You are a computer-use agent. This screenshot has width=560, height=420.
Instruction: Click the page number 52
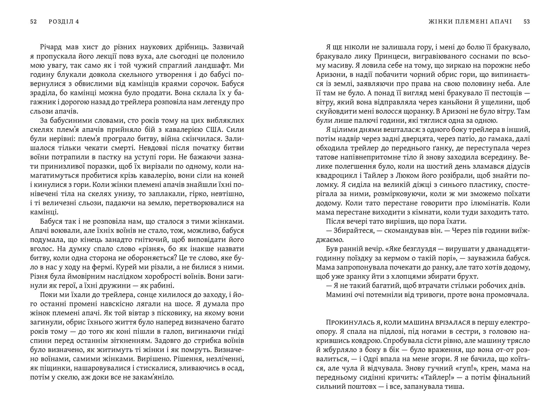coord(33,22)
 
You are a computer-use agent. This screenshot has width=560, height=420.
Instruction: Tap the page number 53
coord(527,22)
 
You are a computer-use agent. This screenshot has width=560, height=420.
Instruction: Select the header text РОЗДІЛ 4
coord(64,22)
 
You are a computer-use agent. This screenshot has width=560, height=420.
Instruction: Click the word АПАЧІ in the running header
coord(502,22)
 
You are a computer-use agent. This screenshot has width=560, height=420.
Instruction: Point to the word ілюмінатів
coord(496,203)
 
